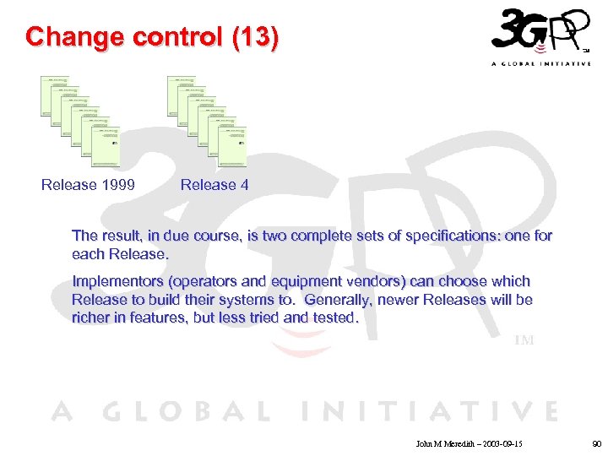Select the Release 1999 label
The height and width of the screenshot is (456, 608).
(x=88, y=185)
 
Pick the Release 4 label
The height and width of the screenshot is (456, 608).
(x=214, y=185)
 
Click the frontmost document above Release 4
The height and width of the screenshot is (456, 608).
(x=232, y=147)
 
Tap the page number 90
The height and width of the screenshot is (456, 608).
(x=596, y=442)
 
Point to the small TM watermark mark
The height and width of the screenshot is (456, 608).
(x=524, y=340)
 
